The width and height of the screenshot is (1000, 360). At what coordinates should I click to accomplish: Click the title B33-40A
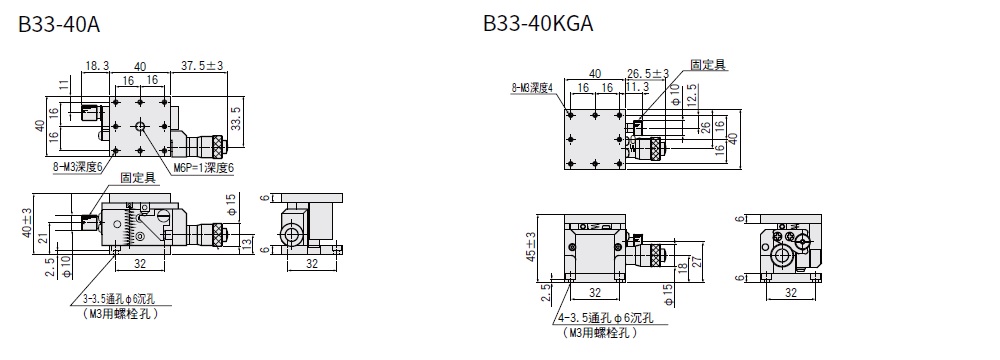pyautogui.click(x=59, y=24)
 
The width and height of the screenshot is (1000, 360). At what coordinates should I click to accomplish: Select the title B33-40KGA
pyautogui.click(x=538, y=24)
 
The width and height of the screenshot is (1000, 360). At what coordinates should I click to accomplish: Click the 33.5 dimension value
pyautogui.click(x=236, y=118)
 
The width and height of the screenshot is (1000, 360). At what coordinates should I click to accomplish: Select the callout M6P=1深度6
pyautogui.click(x=203, y=168)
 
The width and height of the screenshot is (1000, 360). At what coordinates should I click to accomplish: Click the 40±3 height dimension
pyautogui.click(x=27, y=223)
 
